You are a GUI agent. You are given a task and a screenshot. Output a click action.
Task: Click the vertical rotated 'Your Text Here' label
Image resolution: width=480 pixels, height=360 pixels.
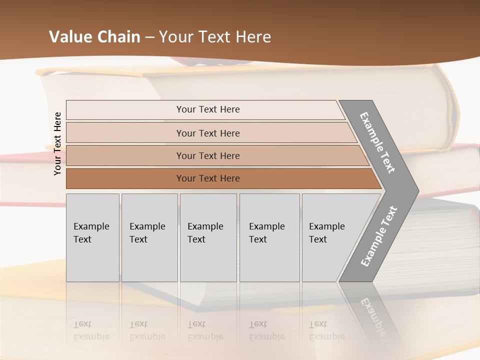coord(57,143)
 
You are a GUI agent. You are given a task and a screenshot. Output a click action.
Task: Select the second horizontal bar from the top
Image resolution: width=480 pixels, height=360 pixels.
coord(208,133)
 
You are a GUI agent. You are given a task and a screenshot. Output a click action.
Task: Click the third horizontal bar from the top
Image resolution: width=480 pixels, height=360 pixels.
coord(208,155)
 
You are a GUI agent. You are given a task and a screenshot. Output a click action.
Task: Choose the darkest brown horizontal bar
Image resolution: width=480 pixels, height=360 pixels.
coord(208,178)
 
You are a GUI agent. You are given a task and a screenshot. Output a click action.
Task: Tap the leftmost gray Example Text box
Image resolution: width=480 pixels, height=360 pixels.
coord(92,237)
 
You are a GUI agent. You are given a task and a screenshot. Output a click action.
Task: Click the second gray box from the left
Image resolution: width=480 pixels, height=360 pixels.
coord(149,237)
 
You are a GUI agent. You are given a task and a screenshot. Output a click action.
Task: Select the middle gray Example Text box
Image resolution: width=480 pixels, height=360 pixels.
coord(208,237)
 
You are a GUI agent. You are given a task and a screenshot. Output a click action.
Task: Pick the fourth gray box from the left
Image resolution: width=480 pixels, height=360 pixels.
coord(269,237)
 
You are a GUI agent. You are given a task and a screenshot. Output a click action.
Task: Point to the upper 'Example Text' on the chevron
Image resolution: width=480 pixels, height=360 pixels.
coord(377,142)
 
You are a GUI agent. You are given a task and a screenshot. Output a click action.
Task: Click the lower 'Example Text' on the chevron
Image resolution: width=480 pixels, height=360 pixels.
coord(379,236)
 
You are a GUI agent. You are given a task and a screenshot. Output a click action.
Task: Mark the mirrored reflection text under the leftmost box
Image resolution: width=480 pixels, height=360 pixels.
coord(91,330)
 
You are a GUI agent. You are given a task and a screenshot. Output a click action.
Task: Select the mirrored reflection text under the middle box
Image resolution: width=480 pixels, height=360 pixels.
coord(205,330)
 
